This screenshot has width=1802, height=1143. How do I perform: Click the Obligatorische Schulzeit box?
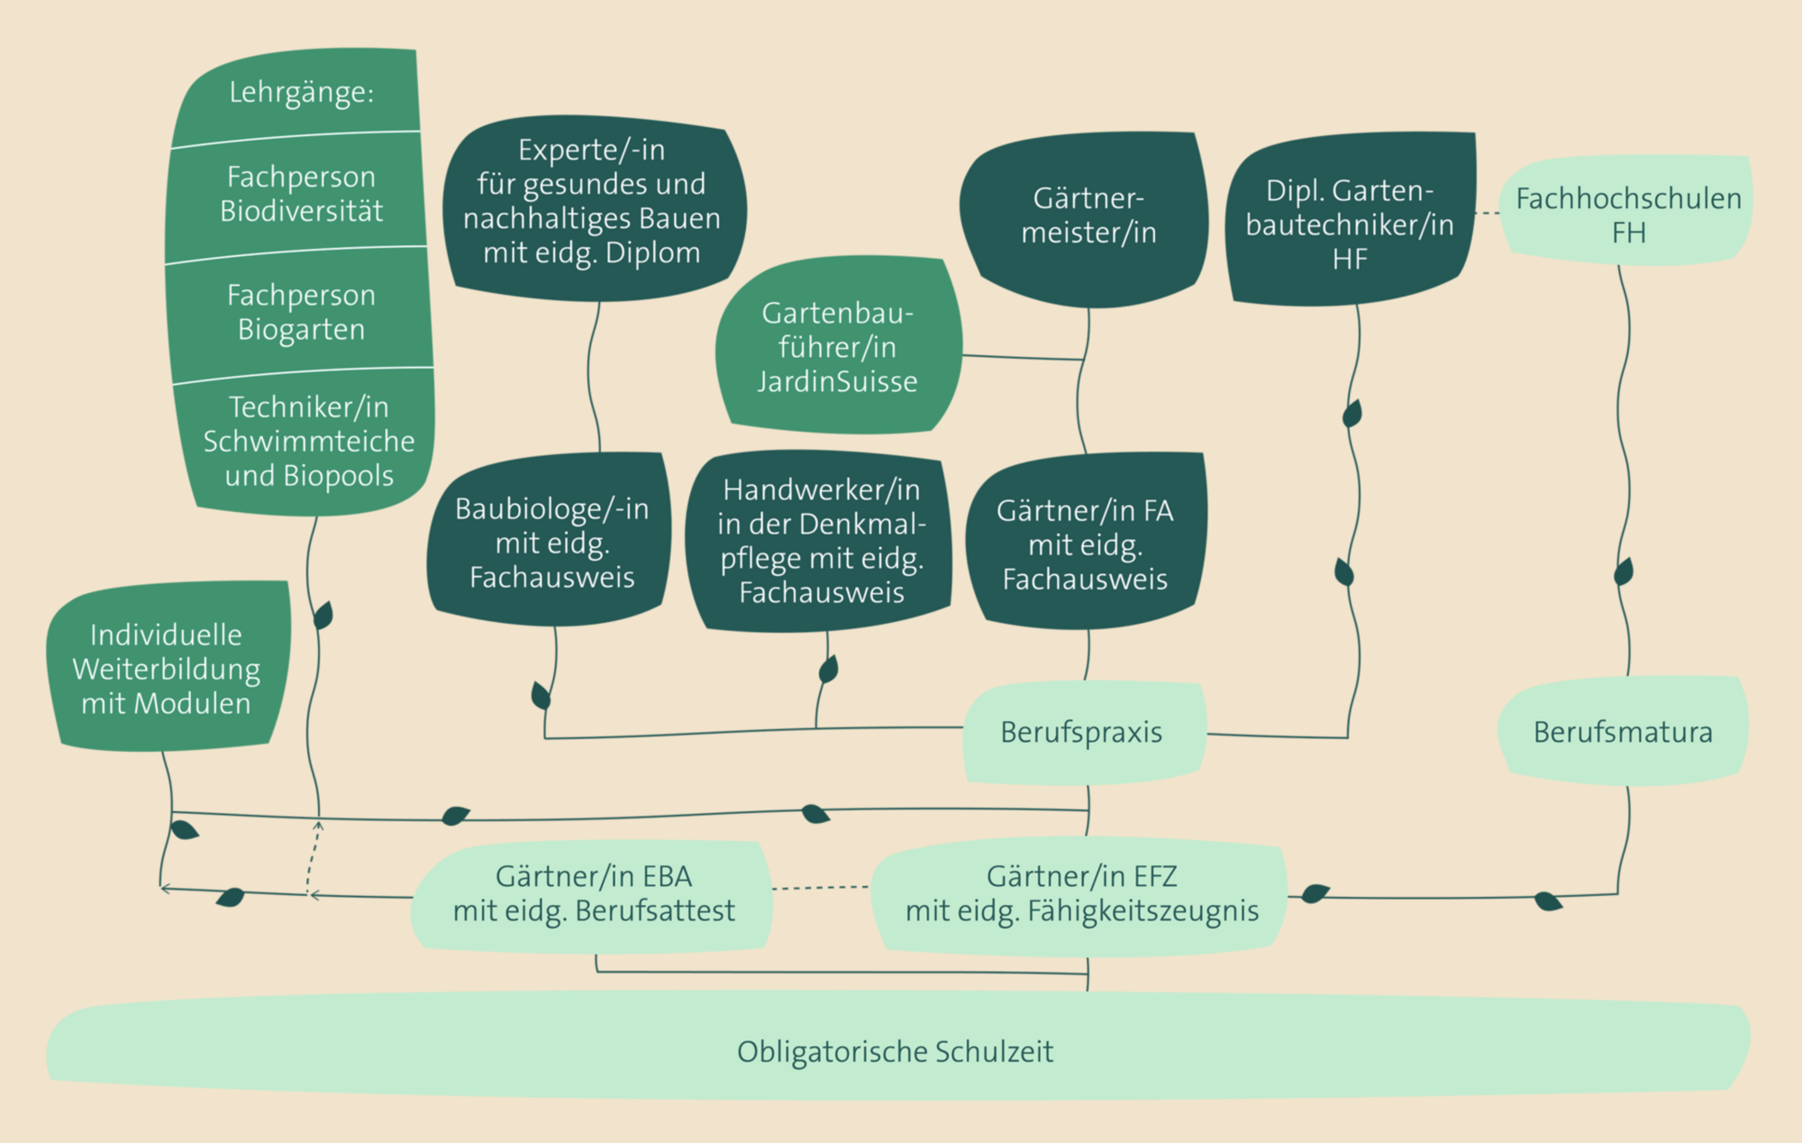click(x=896, y=1050)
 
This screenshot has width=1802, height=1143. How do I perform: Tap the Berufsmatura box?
click(x=1623, y=732)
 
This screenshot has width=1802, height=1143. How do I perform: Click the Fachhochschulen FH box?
click(x=1628, y=215)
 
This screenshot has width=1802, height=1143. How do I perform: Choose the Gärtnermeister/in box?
click(x=1088, y=216)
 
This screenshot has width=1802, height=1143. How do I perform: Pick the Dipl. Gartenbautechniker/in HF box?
click(x=1350, y=224)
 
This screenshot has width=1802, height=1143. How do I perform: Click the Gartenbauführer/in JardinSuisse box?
click(x=838, y=347)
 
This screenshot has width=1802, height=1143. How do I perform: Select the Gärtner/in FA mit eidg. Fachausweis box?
click(x=1085, y=544)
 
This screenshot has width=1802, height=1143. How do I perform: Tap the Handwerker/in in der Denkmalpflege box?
click(x=821, y=541)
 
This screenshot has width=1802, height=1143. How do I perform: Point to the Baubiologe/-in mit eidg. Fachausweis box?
click(x=551, y=542)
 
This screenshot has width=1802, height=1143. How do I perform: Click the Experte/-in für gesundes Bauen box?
click(x=592, y=202)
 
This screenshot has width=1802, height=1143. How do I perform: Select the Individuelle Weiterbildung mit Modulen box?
click(x=167, y=669)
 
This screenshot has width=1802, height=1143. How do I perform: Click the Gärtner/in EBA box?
click(x=594, y=893)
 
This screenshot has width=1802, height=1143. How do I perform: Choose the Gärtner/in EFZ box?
click(x=1081, y=893)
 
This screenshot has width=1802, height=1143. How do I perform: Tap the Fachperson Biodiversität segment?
click(x=301, y=193)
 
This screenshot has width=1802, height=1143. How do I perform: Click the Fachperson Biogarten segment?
click(x=301, y=312)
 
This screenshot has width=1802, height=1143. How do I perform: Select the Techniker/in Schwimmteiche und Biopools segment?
click(x=308, y=441)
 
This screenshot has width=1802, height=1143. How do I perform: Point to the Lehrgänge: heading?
click(x=301, y=93)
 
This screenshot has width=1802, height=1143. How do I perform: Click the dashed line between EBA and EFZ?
click(x=821, y=888)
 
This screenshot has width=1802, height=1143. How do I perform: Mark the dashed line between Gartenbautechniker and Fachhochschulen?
click(x=1488, y=214)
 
